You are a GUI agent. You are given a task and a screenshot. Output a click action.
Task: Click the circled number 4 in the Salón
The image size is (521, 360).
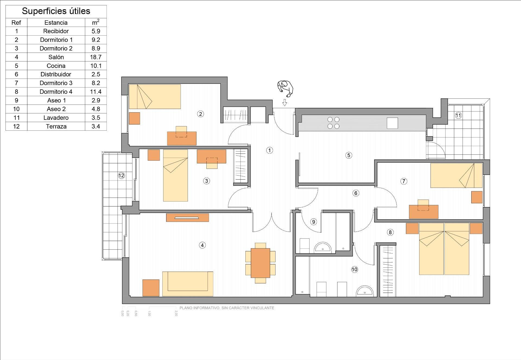(202, 245)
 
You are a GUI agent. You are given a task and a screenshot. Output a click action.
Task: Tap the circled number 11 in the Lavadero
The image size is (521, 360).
(458, 115)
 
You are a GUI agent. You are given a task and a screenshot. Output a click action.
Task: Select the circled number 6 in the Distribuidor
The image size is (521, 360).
(356, 193)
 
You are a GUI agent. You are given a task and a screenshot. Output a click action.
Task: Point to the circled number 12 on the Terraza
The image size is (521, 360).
(121, 176)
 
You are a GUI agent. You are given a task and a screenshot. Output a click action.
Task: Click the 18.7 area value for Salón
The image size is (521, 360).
(96, 57)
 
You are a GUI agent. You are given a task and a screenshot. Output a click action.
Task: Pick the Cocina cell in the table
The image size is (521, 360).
(56, 66)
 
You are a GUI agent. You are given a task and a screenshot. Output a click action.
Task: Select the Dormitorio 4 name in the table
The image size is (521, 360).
(56, 92)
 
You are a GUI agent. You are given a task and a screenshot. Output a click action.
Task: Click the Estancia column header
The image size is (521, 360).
(56, 23)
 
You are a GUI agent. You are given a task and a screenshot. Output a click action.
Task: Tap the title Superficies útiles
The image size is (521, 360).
(56, 11)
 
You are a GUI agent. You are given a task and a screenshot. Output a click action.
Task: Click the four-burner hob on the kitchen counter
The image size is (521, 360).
(333, 123)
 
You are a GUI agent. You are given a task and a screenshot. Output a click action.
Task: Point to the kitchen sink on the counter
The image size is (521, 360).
(392, 123)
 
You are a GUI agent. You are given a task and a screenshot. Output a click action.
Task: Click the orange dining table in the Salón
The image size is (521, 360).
(260, 263)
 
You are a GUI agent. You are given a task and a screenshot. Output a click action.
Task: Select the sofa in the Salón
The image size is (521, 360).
(188, 284)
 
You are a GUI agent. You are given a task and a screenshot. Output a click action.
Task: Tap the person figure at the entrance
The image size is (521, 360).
(285, 89)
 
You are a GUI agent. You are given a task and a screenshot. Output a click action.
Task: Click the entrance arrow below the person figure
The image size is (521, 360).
(285, 102)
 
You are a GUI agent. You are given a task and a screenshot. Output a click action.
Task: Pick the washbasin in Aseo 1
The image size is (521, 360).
(323, 248)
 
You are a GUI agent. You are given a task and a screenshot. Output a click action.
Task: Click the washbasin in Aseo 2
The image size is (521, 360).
(365, 291)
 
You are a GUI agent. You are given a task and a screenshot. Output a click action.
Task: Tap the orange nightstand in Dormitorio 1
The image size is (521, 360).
(134, 118)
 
